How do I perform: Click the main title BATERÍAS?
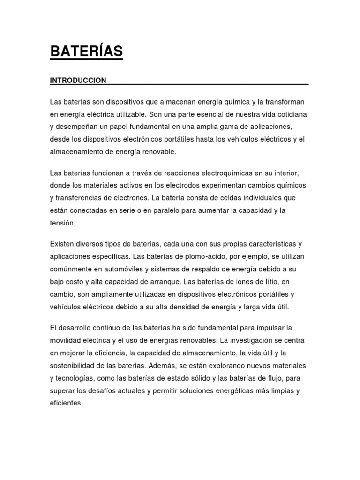87,52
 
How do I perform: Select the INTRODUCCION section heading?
78,81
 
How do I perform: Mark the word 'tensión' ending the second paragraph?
62,223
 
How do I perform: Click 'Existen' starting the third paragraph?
61,244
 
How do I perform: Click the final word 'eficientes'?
66,403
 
